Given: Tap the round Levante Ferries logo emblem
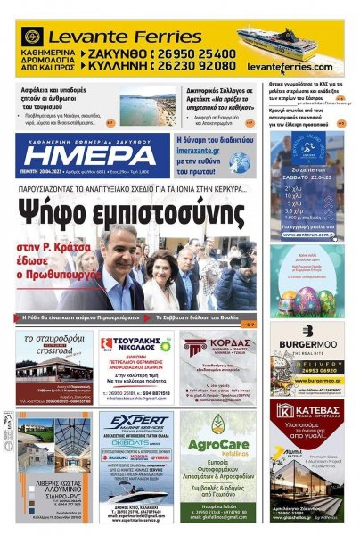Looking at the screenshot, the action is (x=32, y=37).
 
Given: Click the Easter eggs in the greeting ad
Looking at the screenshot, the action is (x=307, y=299).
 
